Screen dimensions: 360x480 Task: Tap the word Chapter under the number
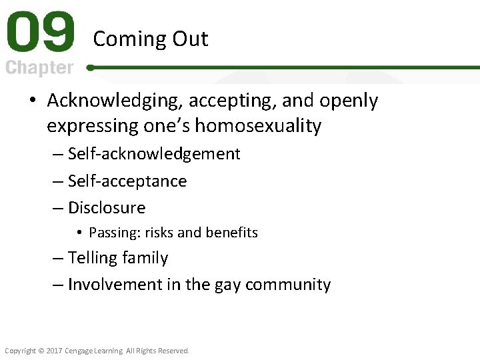[40, 68]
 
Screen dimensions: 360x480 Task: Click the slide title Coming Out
[151, 39]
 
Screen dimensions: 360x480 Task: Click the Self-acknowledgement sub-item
[154, 154]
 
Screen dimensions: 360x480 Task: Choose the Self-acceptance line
[127, 181]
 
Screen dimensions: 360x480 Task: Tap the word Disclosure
[107, 208]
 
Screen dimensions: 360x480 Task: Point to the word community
[288, 285]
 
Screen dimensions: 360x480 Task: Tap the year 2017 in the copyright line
[53, 351]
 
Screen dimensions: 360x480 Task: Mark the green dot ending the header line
[90, 67]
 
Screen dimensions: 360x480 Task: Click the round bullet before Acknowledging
[33, 101]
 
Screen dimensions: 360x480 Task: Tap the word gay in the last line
[227, 285]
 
